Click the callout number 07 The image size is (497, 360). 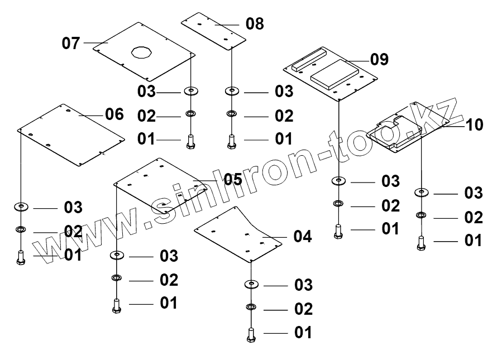(71, 44)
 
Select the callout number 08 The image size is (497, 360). (254, 24)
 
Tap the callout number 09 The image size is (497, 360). (379, 60)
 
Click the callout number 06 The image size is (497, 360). (114, 114)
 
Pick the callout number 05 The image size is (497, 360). (232, 179)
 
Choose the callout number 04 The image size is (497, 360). (302, 237)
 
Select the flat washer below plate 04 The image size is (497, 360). (252, 285)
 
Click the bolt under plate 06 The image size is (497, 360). (21, 257)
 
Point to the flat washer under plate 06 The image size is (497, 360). (21, 207)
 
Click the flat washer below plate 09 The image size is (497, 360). (338, 181)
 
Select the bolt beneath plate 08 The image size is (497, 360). (231, 141)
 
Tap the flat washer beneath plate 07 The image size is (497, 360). (192, 90)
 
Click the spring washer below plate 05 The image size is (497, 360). (117, 278)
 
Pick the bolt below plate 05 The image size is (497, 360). (117, 305)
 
